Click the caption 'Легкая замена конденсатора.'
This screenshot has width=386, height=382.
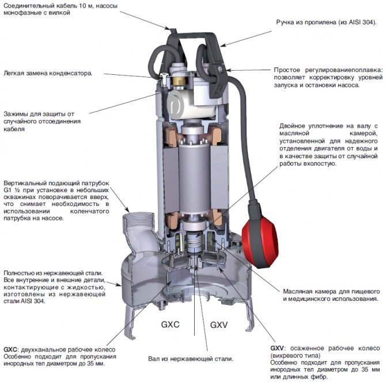coord(48,73)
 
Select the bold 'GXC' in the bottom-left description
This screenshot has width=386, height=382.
coord(10,349)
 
